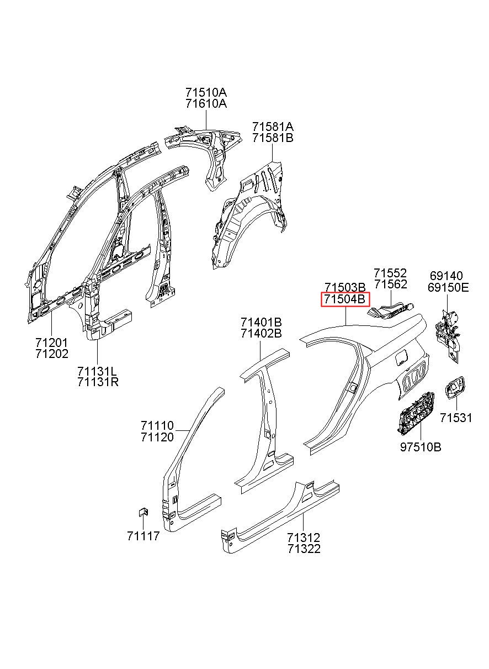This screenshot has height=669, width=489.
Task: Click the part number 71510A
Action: pyautogui.click(x=206, y=93)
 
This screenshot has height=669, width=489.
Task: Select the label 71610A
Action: pyautogui.click(x=206, y=104)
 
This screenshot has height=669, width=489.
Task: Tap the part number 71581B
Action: pyautogui.click(x=273, y=138)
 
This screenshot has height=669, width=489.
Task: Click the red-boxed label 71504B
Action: pyautogui.click(x=345, y=299)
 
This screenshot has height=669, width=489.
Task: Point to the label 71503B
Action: pyautogui.click(x=345, y=287)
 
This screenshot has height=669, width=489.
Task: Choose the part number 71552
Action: pyautogui.click(x=390, y=273)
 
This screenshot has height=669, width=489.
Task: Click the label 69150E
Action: pyautogui.click(x=448, y=288)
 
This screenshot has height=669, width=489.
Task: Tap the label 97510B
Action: pyautogui.click(x=421, y=447)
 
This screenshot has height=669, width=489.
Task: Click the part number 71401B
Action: pyautogui.click(x=261, y=322)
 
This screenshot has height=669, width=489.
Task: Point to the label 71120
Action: pyautogui.click(x=157, y=437)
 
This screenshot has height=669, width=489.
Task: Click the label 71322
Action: pyautogui.click(x=304, y=549)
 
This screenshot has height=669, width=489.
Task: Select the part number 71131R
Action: pyautogui.click(x=98, y=382)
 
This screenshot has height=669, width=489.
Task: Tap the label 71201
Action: pyautogui.click(x=52, y=343)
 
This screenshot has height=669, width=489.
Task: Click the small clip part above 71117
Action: pyautogui.click(x=143, y=512)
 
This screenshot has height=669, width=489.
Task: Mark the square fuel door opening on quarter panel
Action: pyautogui.click(x=401, y=357)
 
